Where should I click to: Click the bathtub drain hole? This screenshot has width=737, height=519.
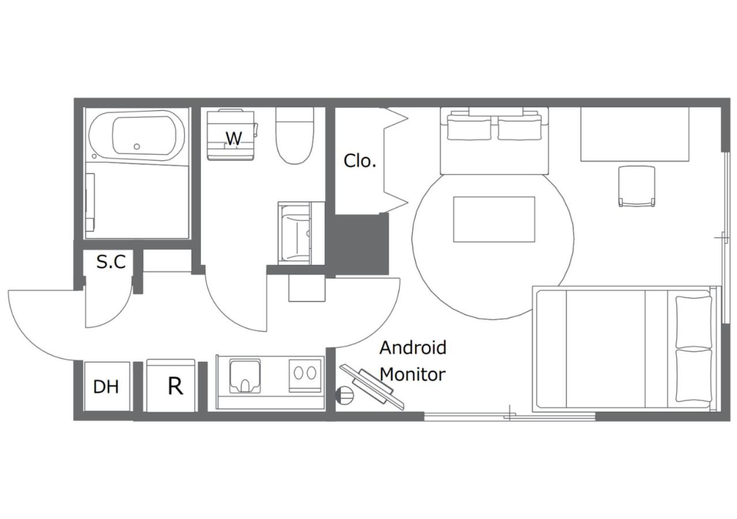pyautogui.click(x=137, y=146)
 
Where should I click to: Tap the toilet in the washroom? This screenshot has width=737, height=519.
pyautogui.click(x=294, y=136)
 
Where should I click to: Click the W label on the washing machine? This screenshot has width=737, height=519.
pyautogui.click(x=234, y=138)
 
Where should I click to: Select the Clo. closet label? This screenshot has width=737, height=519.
pyautogui.click(x=360, y=161)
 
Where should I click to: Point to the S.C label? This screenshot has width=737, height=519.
pyautogui.click(x=111, y=262)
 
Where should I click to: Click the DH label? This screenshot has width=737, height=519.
pyautogui.click(x=106, y=386)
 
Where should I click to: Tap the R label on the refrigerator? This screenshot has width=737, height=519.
pyautogui.click(x=175, y=386)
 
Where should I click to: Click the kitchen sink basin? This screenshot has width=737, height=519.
pyautogui.click(x=245, y=376)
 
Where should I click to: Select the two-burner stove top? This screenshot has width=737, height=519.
pyautogui.click(x=305, y=375)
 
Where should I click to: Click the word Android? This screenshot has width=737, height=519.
pyautogui.click(x=413, y=348)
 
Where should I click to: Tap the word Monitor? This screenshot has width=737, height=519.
pyautogui.click(x=413, y=374)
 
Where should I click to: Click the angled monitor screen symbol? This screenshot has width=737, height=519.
pyautogui.click(x=372, y=386)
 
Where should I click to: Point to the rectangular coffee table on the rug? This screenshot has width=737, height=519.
pyautogui.click(x=494, y=220)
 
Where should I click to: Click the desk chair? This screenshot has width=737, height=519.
pyautogui.click(x=637, y=186)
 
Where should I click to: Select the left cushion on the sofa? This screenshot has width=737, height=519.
pyautogui.click(x=469, y=130)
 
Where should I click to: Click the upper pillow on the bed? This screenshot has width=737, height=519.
pyautogui.click(x=694, y=321)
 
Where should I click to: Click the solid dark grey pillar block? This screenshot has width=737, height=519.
pyautogui.click(x=361, y=244)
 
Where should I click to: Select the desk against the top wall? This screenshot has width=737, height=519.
pyautogui.click(x=635, y=134)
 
